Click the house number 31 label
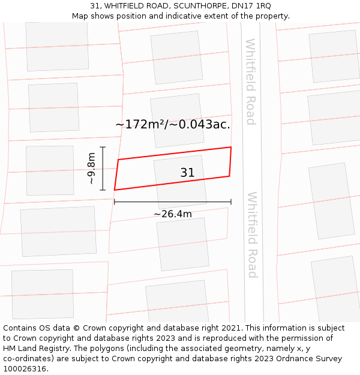[x=187, y=173]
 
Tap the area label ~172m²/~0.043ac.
[x=173, y=125]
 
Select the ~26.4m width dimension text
[x=173, y=214]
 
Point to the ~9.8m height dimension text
[x=91, y=169]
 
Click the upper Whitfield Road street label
[x=251, y=82]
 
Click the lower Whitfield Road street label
[x=253, y=235]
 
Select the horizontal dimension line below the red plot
[x=173, y=202]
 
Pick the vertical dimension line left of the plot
[x=103, y=169]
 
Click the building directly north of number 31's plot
[x=177, y=120]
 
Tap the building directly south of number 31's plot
[x=182, y=244]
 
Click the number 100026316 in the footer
[x=25, y=369]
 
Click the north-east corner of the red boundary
[x=231, y=147]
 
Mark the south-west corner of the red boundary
[x=115, y=190]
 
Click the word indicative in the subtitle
[x=206, y=16]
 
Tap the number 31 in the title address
[x=95, y=5]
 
